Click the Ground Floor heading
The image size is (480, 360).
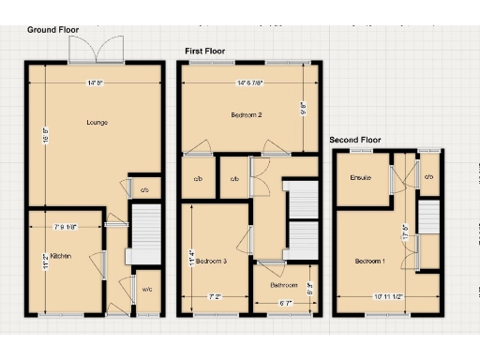pyautogui.click(x=52, y=29)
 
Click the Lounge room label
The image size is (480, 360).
pyautogui.click(x=97, y=123)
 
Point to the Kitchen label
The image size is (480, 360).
pyautogui.click(x=60, y=255)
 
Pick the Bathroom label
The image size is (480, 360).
pyautogui.click(x=284, y=285)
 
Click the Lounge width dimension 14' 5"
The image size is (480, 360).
pyautogui.click(x=95, y=83)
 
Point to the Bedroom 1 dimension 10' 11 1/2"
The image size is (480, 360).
pyautogui.click(x=386, y=297)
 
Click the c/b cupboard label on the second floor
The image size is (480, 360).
pyautogui.click(x=428, y=177)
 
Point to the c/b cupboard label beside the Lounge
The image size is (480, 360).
pyautogui.click(x=144, y=190)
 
